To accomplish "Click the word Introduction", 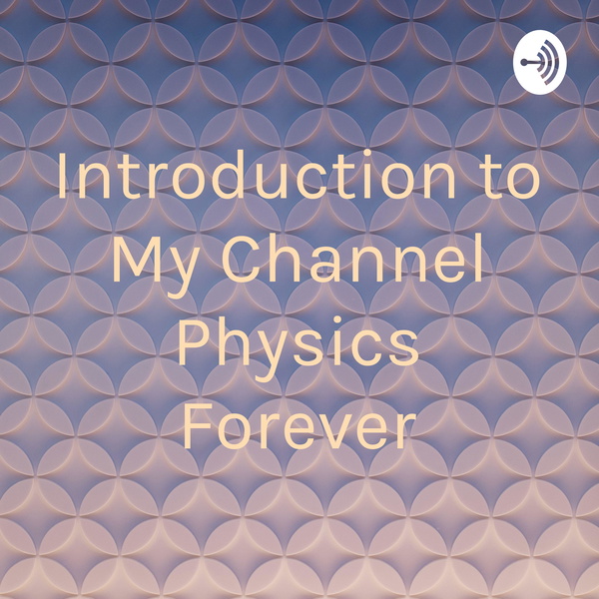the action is tap(257, 175).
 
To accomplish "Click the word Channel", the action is tap(352, 258).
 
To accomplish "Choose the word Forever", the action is tap(299, 425).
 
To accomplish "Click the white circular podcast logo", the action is tap(539, 62).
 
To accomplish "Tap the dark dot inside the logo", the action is tap(524, 62).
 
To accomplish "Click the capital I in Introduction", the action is tap(62, 175).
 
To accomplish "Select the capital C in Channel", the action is tap(243, 259).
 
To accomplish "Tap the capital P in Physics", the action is tap(194, 341).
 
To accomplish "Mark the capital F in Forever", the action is tap(198, 425).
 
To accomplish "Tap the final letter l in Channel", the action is tap(479, 258).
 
